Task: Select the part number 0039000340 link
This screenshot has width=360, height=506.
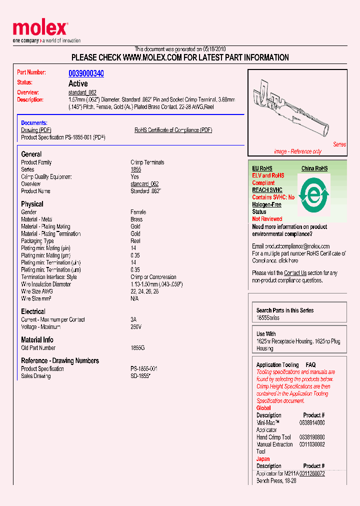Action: (x=86, y=73)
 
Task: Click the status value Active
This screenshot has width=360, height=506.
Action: (x=78, y=83)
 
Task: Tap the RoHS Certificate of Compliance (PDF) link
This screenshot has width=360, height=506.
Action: (x=173, y=130)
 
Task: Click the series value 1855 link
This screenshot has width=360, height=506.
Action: (x=135, y=169)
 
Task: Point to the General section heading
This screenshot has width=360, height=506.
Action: (x=31, y=154)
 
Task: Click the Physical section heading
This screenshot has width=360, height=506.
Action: (x=32, y=204)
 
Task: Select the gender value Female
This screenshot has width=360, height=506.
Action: (x=138, y=212)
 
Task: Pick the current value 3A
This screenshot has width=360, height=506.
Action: (x=133, y=319)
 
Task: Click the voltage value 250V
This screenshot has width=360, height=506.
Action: (x=136, y=326)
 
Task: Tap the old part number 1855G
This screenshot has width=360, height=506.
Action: (x=137, y=348)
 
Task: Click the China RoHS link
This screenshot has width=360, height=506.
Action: (x=314, y=168)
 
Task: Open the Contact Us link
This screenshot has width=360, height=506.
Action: (x=295, y=273)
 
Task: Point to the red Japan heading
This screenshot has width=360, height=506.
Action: (x=263, y=458)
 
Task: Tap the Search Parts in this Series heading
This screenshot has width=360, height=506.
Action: (x=285, y=310)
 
